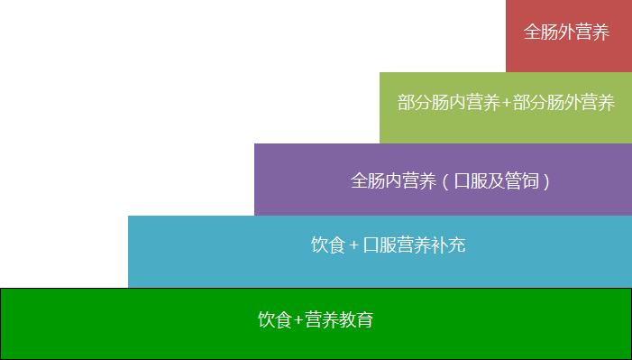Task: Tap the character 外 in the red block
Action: [567, 32]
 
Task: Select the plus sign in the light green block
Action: [506, 104]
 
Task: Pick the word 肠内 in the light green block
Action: [449, 103]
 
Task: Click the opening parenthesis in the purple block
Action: [444, 181]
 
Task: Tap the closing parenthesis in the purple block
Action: [546, 181]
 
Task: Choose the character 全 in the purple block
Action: [359, 180]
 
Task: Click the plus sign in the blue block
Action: [354, 245]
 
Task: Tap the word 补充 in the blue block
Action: [448, 245]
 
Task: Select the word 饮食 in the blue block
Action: [328, 245]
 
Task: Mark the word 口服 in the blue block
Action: [380, 245]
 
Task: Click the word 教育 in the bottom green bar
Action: [356, 319]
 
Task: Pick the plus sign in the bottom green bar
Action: [298, 320]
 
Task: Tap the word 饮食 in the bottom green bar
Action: [275, 319]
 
